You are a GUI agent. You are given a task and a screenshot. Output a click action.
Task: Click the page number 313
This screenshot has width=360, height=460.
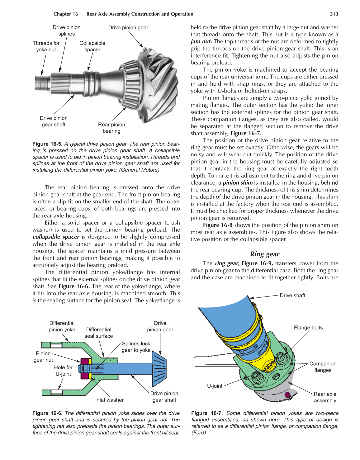click(x=334, y=14)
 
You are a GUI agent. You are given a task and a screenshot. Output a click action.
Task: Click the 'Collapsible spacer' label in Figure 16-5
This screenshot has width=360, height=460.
click(x=92, y=46)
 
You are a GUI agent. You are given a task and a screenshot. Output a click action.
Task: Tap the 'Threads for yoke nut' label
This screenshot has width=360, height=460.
click(x=46, y=46)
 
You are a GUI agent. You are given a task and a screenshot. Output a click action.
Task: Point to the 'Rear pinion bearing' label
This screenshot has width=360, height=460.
click(x=111, y=128)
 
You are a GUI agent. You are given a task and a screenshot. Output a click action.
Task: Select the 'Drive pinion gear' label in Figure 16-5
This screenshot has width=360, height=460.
click(x=128, y=27)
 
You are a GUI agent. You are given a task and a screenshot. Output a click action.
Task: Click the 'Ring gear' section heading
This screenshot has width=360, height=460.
click(x=265, y=254)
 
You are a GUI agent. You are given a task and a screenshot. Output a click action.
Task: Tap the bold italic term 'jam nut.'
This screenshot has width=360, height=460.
click(x=201, y=41)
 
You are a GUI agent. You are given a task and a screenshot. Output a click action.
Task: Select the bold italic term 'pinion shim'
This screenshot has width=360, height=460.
click(x=237, y=183)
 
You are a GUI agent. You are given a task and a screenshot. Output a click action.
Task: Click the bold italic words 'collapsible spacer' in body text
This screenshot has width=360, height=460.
click(x=56, y=237)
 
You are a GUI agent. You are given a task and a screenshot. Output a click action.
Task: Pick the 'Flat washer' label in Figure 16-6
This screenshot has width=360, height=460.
click(x=110, y=400)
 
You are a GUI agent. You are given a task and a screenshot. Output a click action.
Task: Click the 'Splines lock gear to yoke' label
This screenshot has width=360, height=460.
click(x=136, y=347)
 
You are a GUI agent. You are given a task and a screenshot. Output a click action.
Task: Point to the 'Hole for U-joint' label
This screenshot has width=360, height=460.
click(x=63, y=371)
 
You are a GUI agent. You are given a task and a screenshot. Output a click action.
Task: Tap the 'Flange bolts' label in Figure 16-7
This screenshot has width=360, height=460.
click(x=308, y=328)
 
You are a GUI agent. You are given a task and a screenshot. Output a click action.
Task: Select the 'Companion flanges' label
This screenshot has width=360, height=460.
click(x=323, y=367)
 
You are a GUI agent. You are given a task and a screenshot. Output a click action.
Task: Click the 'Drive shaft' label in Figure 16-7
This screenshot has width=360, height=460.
click(x=292, y=295)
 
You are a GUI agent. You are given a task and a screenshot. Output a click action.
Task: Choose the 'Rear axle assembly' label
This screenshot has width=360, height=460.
click(x=325, y=397)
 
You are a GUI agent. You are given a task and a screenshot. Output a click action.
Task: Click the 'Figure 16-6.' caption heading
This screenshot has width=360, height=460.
click(x=48, y=413)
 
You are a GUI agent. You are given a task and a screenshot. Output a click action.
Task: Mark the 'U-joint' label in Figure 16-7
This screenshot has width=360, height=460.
click(x=215, y=386)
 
